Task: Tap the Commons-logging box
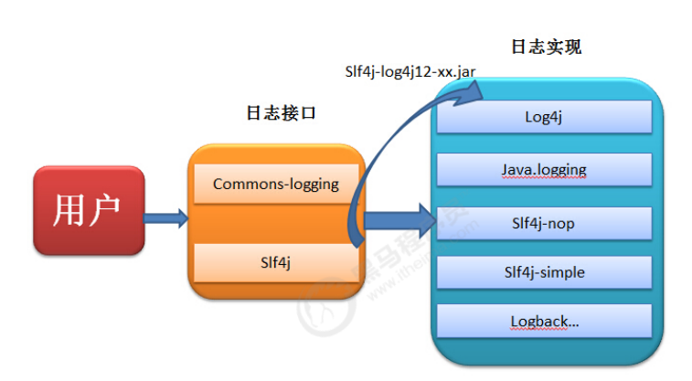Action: click(x=276, y=184)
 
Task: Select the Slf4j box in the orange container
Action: click(x=276, y=262)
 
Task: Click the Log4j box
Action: click(x=544, y=117)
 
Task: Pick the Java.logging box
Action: click(x=544, y=169)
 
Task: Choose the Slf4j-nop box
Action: click(x=544, y=222)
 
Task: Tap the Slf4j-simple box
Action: click(x=544, y=272)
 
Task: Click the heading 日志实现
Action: click(x=546, y=46)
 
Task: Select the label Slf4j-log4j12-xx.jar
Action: click(x=409, y=70)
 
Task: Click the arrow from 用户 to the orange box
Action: click(x=166, y=217)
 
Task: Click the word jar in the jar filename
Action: click(x=464, y=70)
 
